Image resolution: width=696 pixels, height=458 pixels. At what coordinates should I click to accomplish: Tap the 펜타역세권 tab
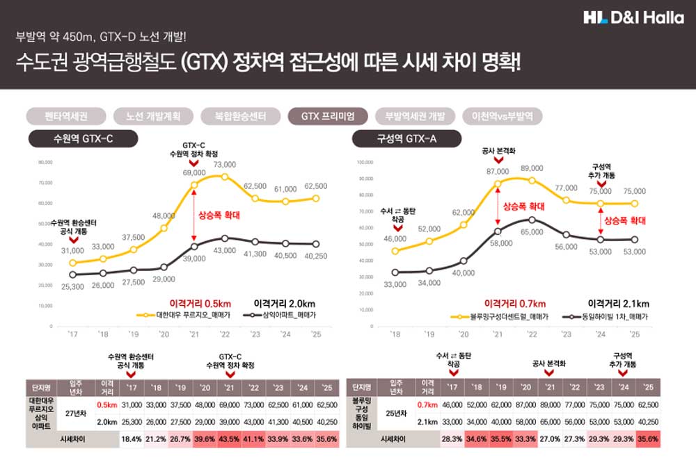click(x=65, y=116)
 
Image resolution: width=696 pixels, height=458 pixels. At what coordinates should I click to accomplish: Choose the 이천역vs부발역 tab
click(x=502, y=116)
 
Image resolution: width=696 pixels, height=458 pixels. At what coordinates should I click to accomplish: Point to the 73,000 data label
click(x=224, y=165)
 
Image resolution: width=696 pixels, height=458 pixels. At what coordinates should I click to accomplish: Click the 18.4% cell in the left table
click(x=131, y=439)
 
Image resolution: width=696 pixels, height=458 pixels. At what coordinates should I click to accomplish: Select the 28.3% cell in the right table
click(x=453, y=439)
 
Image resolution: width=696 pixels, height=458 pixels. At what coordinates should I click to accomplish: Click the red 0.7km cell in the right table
click(x=425, y=404)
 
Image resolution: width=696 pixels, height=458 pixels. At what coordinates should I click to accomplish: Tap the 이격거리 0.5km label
click(x=200, y=303)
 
